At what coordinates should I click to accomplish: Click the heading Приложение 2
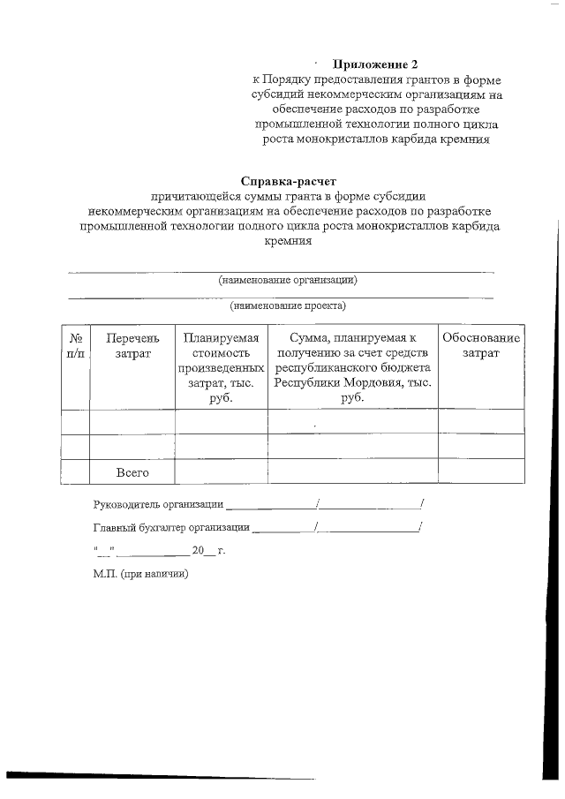pos(373,64)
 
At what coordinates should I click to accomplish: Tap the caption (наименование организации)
pos(288,280)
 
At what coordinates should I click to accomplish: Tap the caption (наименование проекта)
pos(288,306)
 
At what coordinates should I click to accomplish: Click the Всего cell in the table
pos(132,473)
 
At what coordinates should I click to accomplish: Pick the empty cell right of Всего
pos(221,473)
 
